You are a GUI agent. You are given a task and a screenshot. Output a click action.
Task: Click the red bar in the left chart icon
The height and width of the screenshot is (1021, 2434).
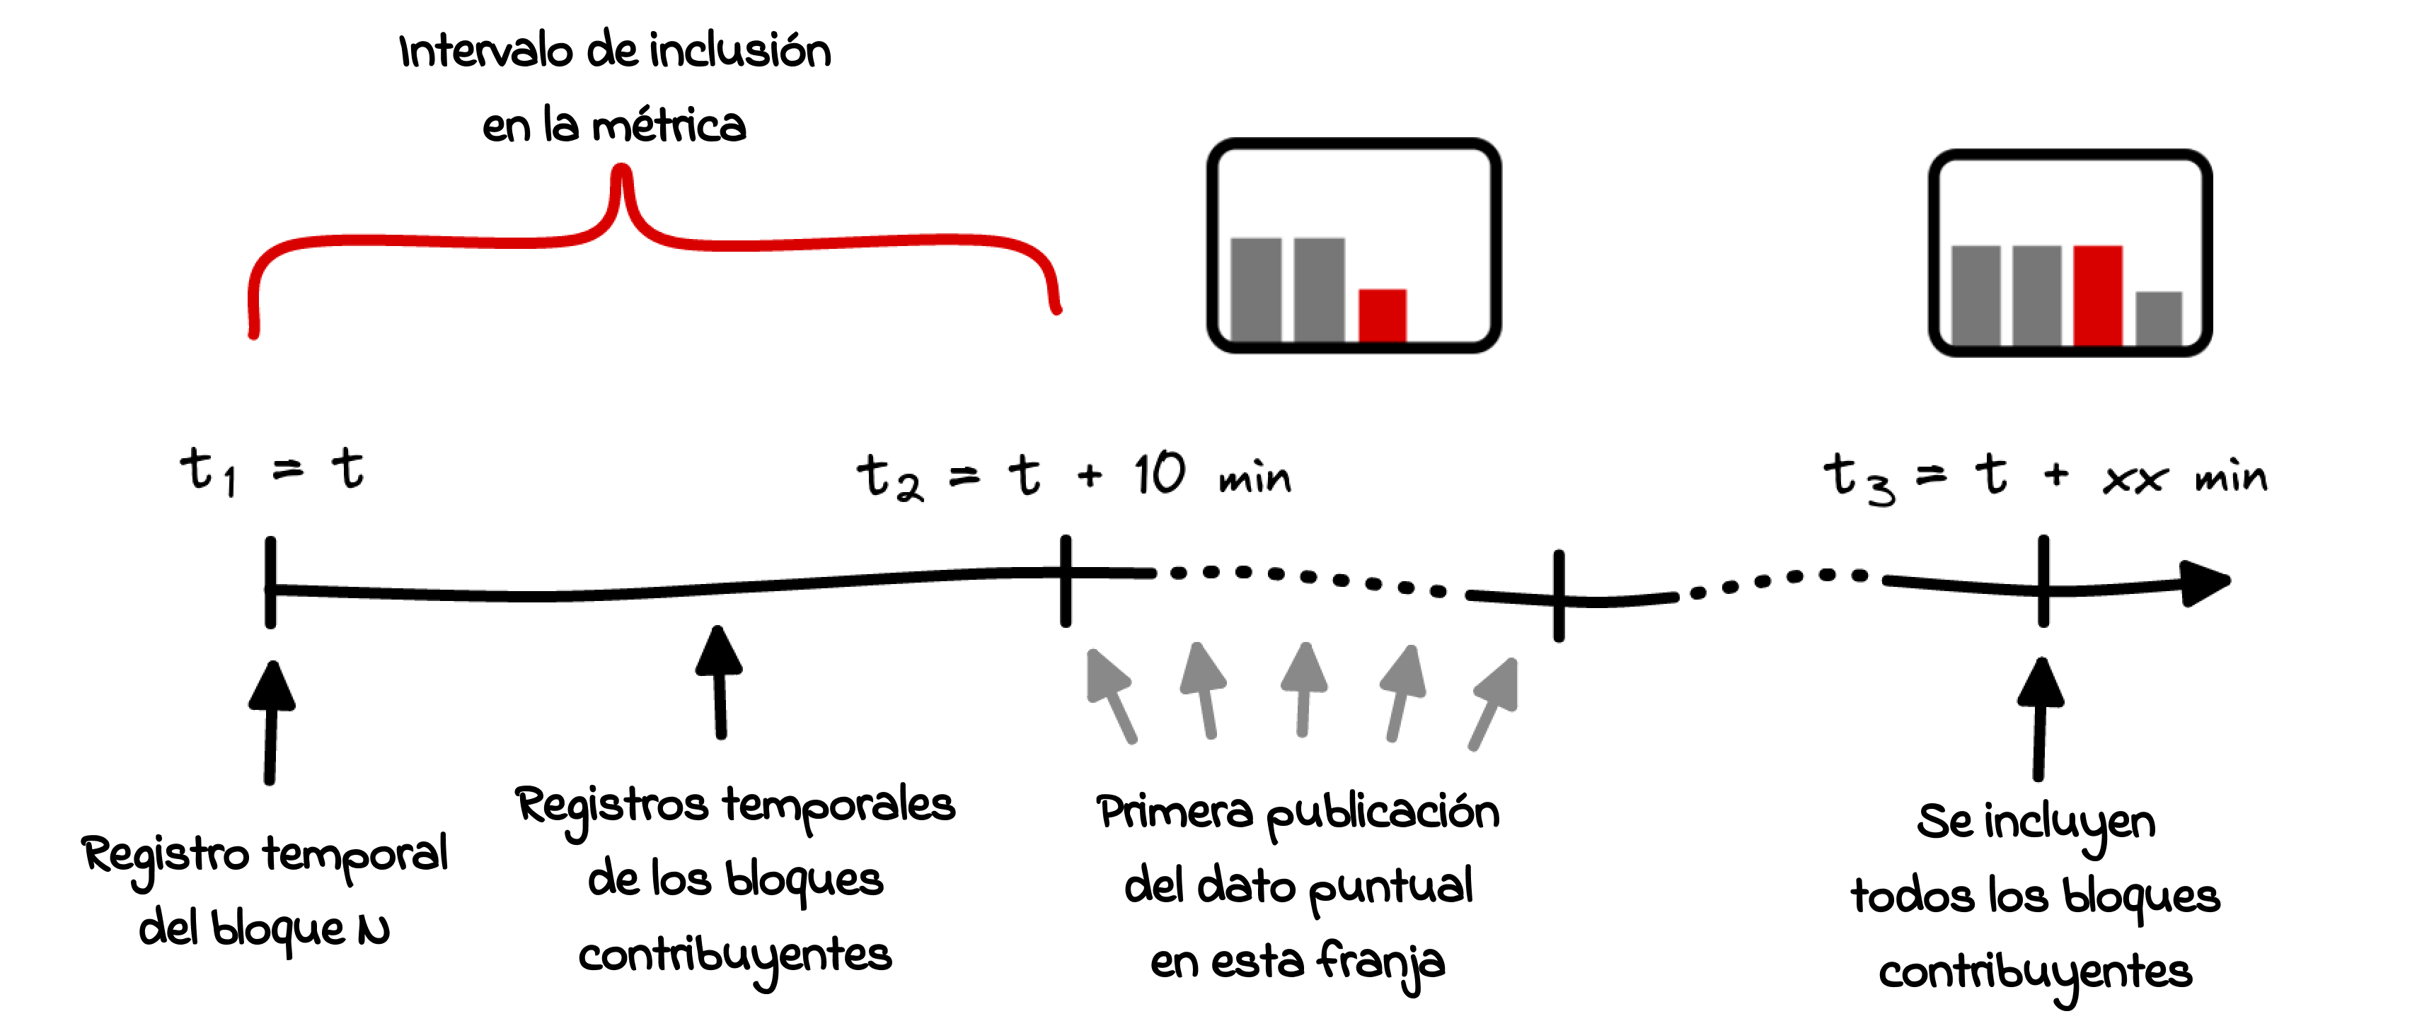pos(1381,315)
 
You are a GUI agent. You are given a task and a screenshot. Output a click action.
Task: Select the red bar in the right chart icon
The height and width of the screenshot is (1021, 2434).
pos(2098,295)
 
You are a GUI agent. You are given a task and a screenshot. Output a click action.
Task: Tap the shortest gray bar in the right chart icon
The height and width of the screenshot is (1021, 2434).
pos(2158,317)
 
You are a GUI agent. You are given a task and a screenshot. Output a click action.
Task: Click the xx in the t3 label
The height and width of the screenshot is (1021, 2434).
pos(2133,480)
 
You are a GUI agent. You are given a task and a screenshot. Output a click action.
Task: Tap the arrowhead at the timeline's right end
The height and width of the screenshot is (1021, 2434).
pos(2206,582)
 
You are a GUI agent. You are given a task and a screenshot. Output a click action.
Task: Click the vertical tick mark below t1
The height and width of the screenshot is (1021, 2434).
pos(271,582)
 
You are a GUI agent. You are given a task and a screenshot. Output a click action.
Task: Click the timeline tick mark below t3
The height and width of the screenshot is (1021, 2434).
pos(2043,582)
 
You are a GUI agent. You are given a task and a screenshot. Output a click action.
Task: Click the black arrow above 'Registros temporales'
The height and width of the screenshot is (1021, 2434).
pos(719,680)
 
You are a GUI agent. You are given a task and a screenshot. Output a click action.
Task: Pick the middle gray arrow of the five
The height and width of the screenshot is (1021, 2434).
pos(1304,689)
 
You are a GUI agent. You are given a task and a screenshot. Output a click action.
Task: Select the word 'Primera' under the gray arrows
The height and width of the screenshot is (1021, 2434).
pos(1175,812)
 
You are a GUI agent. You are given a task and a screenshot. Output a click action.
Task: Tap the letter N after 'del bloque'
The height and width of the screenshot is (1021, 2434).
pos(373,931)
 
